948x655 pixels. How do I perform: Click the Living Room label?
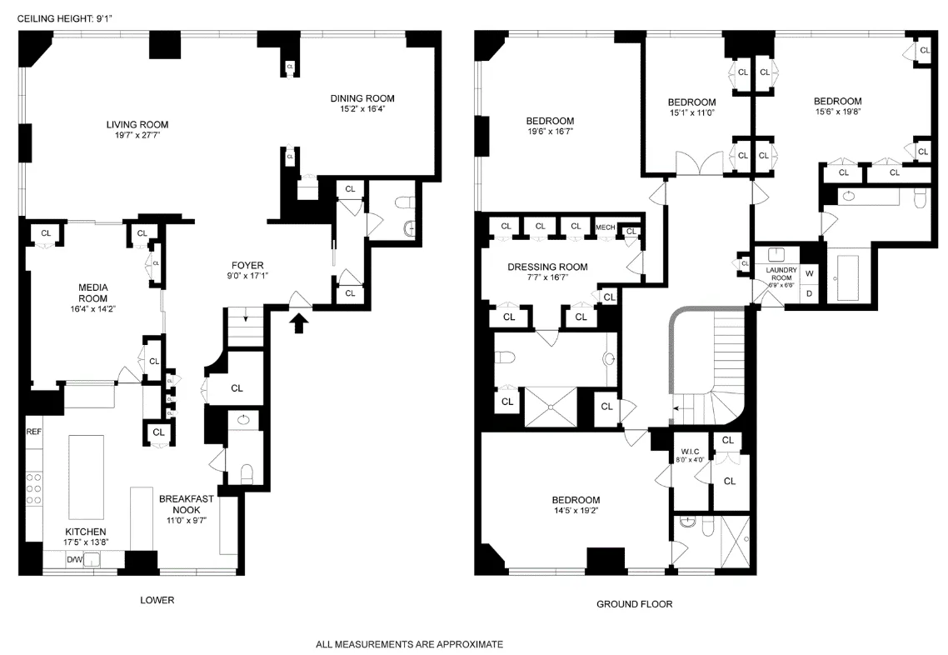click(137, 125)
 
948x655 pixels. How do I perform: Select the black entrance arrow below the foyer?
click(301, 322)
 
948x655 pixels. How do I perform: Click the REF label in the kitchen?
click(33, 432)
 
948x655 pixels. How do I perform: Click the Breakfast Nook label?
click(187, 504)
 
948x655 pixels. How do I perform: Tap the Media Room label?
click(92, 292)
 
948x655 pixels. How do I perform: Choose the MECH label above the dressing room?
click(606, 227)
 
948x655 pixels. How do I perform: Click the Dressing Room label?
click(547, 267)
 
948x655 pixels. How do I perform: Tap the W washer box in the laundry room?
click(809, 274)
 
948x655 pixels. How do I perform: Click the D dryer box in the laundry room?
click(809, 293)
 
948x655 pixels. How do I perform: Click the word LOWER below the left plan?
click(157, 601)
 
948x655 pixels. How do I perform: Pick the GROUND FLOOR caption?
click(634, 604)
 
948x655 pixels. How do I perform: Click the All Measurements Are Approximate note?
click(409, 644)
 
